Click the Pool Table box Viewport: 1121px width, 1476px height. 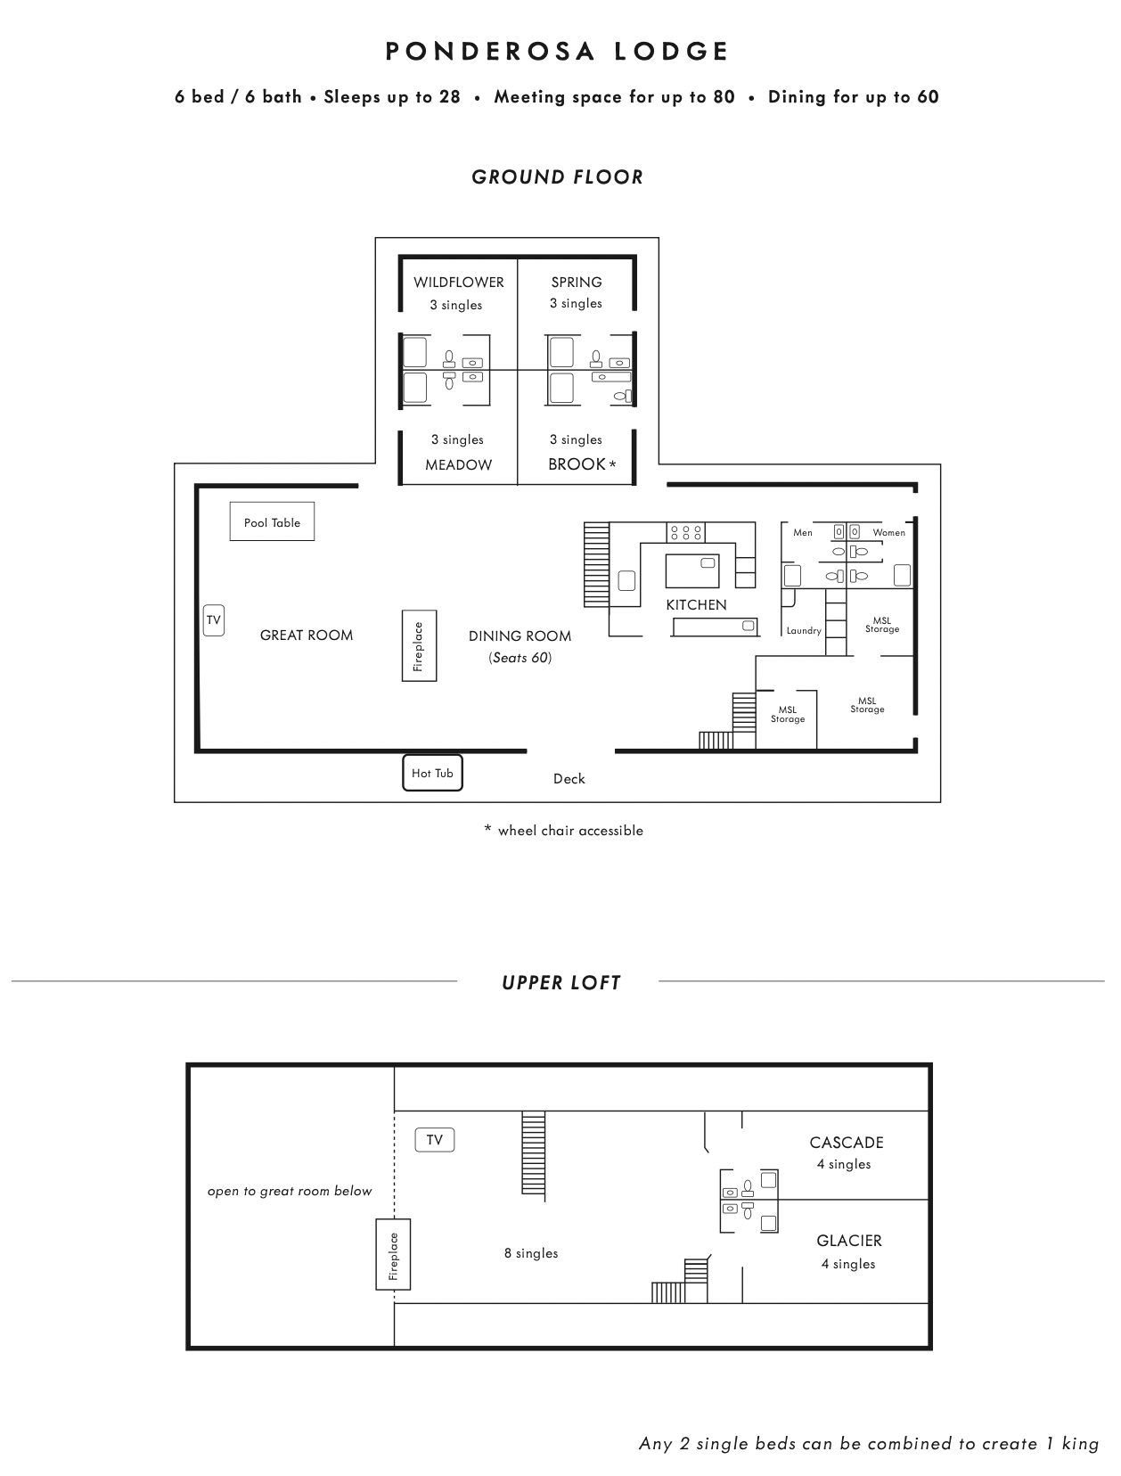(x=272, y=521)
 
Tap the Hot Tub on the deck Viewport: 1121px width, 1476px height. (x=432, y=773)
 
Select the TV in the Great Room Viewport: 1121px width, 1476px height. (x=214, y=620)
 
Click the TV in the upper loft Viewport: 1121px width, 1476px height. (x=435, y=1140)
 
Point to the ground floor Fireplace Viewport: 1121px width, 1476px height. (x=420, y=645)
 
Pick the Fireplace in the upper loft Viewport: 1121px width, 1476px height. (x=393, y=1255)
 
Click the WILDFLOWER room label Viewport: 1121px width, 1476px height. (x=458, y=283)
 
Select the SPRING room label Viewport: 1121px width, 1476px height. (x=577, y=283)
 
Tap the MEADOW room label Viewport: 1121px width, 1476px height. (x=458, y=464)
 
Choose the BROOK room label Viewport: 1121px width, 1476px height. (x=577, y=464)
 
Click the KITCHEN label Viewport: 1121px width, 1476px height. (x=696, y=604)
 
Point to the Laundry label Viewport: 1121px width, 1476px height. (x=804, y=631)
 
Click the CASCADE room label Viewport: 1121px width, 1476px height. (x=847, y=1143)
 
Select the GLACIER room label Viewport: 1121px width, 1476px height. (x=849, y=1241)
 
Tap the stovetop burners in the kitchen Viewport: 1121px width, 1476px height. (x=685, y=533)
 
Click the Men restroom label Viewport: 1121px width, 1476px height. (x=803, y=533)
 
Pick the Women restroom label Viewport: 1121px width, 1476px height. (x=888, y=533)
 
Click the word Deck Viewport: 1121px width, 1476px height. (x=569, y=779)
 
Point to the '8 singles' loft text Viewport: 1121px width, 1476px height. (x=531, y=1253)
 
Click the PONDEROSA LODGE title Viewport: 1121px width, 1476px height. (x=557, y=52)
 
